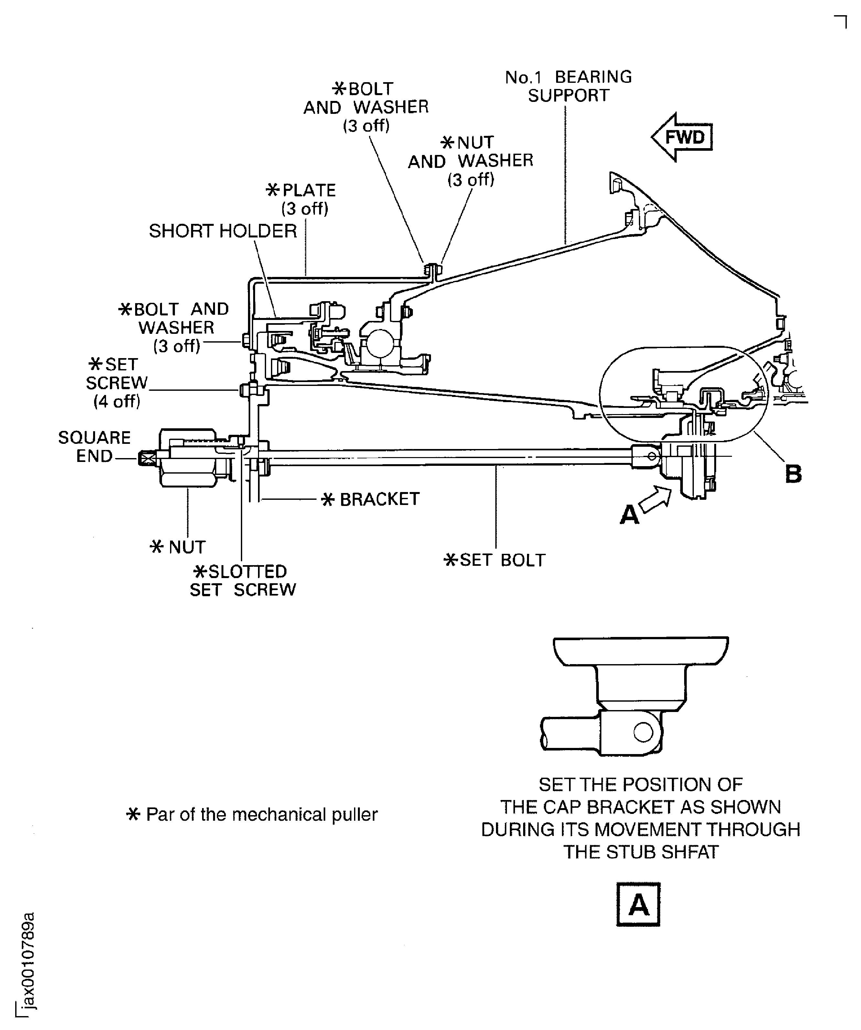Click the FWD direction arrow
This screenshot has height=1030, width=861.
click(682, 137)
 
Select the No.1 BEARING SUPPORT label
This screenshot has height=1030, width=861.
click(568, 86)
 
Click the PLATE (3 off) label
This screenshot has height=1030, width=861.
click(302, 199)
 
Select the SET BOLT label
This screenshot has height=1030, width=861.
click(494, 560)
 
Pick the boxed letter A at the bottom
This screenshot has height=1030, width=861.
click(638, 904)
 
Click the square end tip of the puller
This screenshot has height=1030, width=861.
click(145, 458)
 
